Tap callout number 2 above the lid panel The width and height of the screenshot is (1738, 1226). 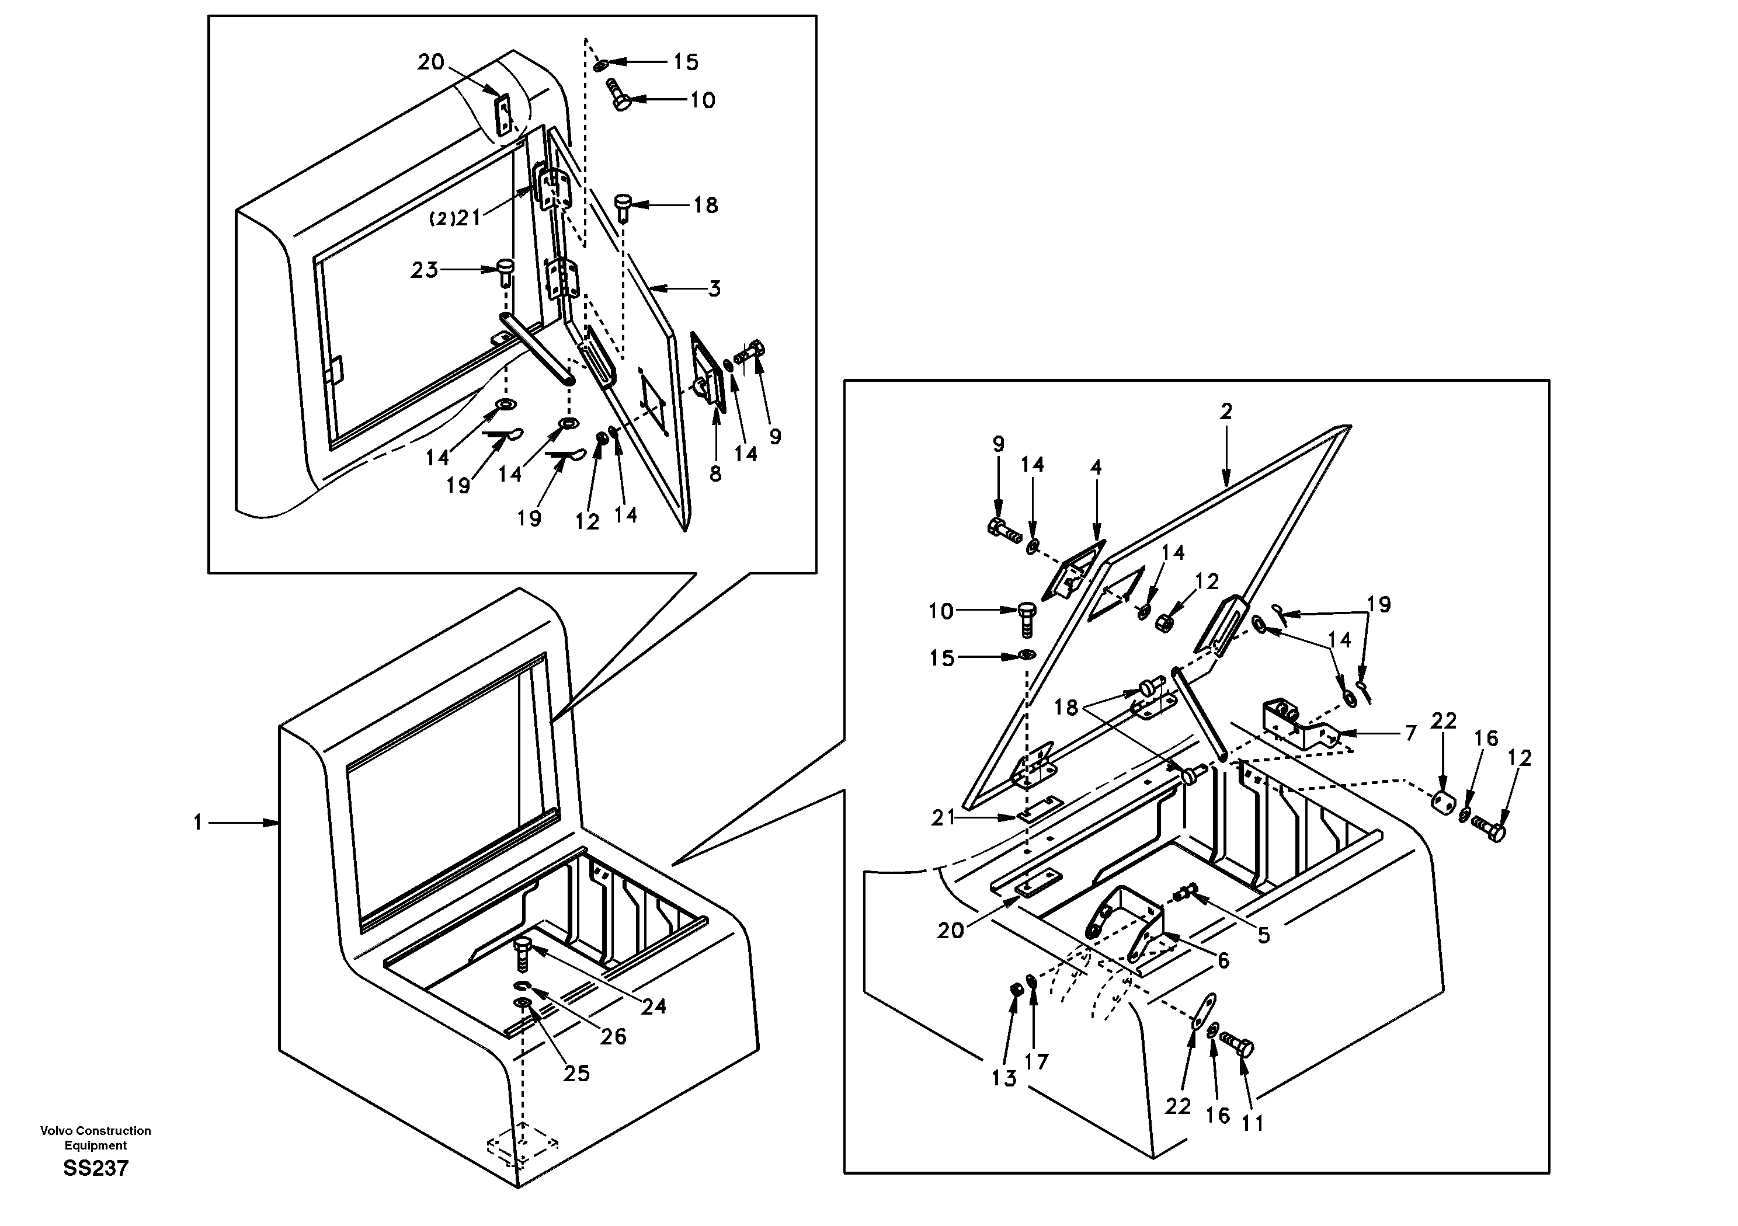pyautogui.click(x=1225, y=412)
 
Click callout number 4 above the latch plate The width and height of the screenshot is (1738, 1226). pyautogui.click(x=1096, y=467)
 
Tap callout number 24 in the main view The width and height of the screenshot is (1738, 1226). pyautogui.click(x=654, y=1006)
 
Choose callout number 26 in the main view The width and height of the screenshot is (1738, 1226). pyautogui.click(x=613, y=1036)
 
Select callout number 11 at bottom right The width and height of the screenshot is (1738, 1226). pyautogui.click(x=1253, y=1124)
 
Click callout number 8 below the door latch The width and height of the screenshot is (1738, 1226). pyautogui.click(x=715, y=473)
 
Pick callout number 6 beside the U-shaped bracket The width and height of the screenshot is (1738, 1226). pyautogui.click(x=1223, y=961)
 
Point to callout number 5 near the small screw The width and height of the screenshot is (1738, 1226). pyautogui.click(x=1263, y=935)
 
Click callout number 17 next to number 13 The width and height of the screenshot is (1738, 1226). pyautogui.click(x=1036, y=1062)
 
